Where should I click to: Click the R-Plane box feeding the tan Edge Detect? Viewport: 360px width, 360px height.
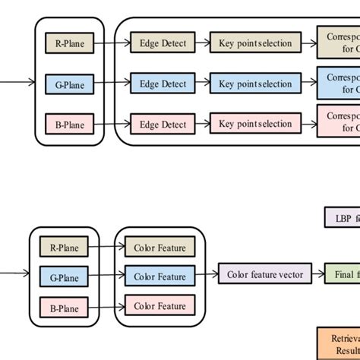tap(70, 44)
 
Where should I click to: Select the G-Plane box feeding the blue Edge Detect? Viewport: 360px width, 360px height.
tap(70, 84)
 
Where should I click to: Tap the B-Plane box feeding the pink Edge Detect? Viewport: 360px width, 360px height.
tap(70, 123)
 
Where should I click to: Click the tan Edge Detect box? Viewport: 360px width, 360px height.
tap(163, 43)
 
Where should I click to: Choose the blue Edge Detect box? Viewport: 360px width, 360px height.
tap(163, 83)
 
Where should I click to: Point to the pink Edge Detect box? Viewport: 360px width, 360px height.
tap(163, 122)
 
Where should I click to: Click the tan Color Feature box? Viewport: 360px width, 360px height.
tap(159, 247)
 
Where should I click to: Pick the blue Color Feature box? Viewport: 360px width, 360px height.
tap(159, 276)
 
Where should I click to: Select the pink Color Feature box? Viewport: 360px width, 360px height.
tap(159, 306)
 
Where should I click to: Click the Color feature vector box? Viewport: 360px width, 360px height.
tap(264, 274)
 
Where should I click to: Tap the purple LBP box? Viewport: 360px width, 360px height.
tap(343, 217)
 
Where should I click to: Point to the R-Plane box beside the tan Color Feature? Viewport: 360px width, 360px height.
tap(64, 247)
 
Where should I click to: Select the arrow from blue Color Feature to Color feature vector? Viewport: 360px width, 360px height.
tap(207, 275)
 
